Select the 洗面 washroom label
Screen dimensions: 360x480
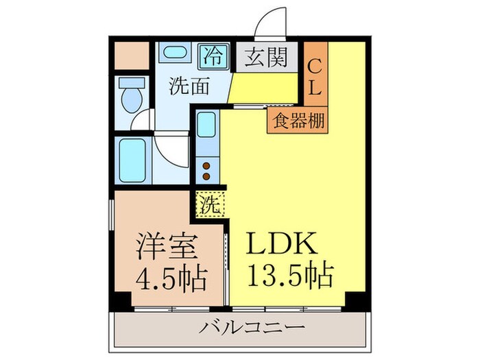(187, 86)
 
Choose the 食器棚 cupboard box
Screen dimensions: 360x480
(298, 119)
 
